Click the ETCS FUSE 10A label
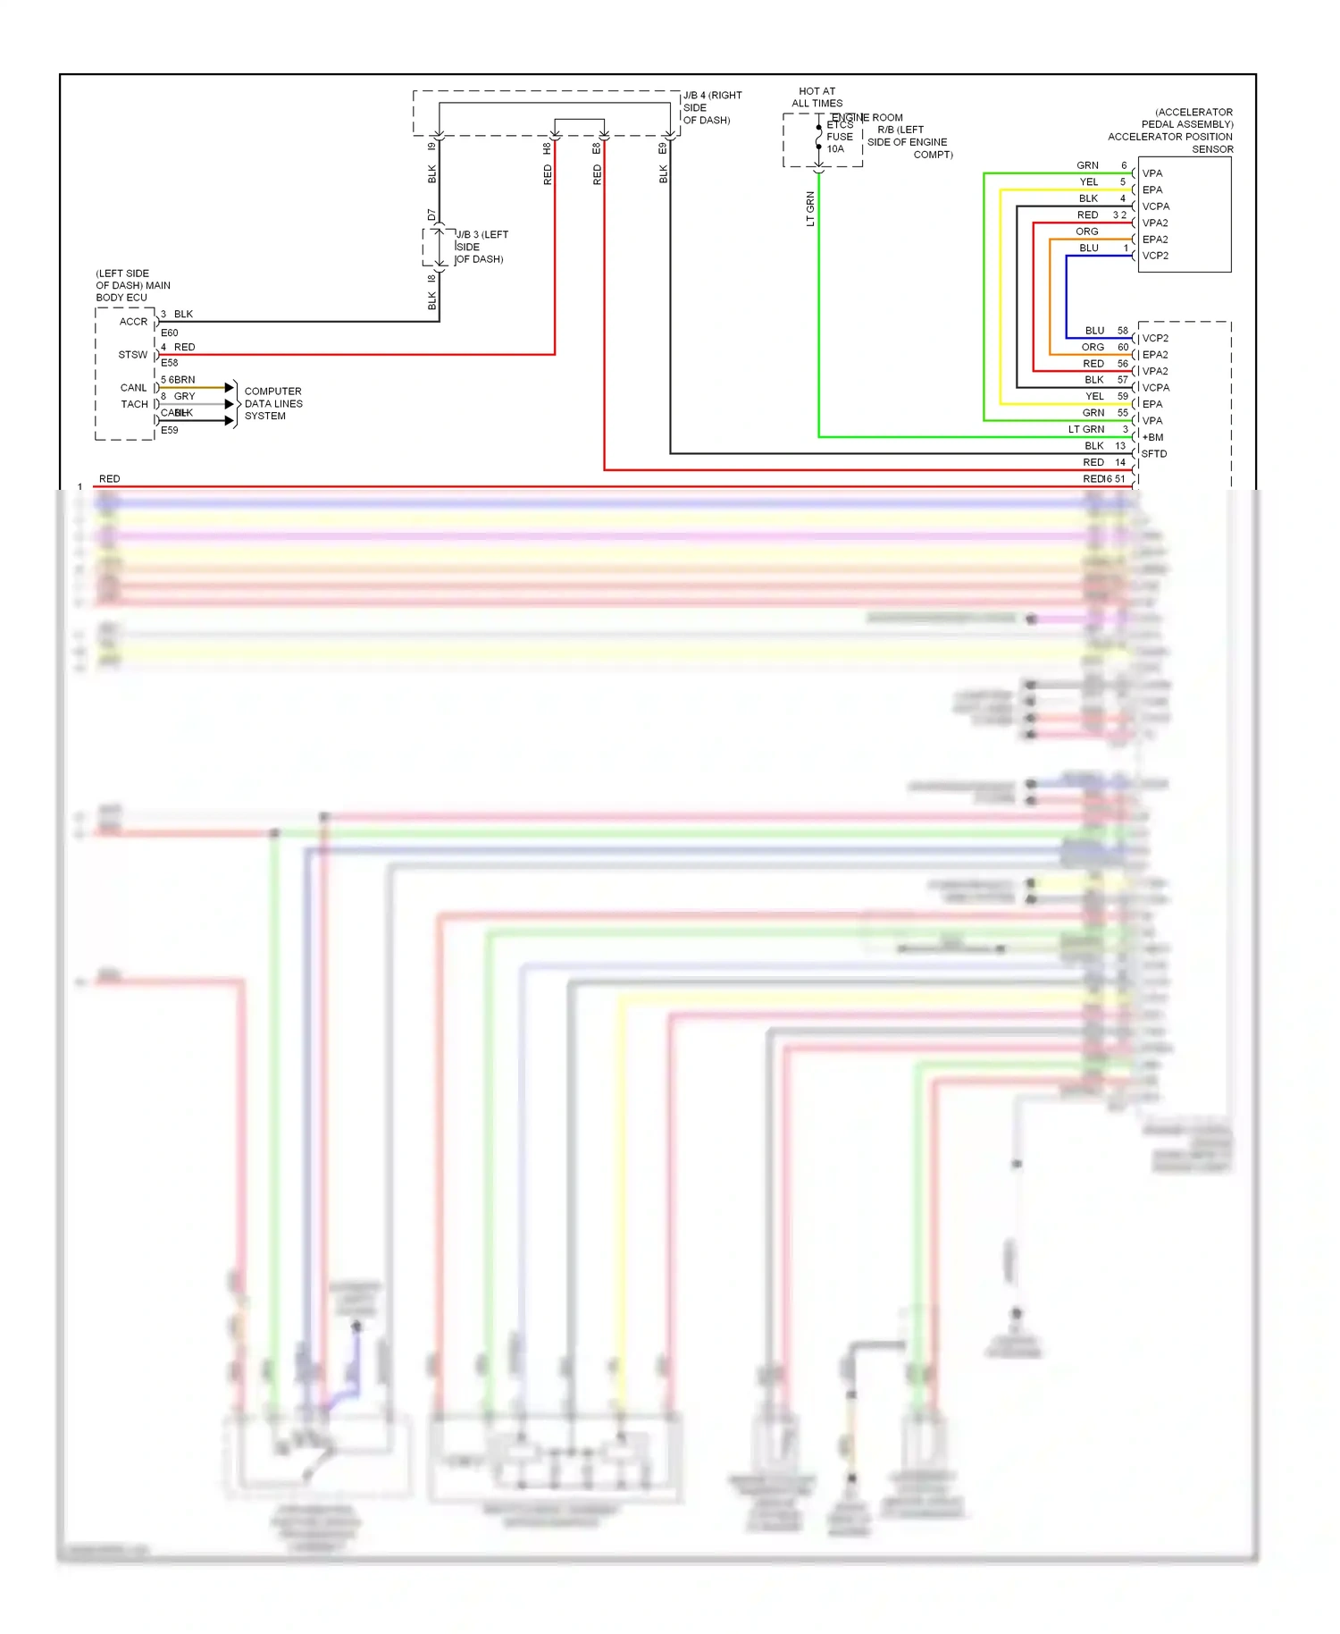(839, 137)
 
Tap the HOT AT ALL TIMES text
(817, 97)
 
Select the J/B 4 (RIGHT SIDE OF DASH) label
(712, 107)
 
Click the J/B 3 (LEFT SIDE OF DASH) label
(481, 247)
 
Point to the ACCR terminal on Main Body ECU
(133, 322)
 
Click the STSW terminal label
(132, 355)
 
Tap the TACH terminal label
(134, 404)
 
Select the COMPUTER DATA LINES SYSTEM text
(273, 403)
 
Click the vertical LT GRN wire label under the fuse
(810, 208)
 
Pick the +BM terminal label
(1152, 437)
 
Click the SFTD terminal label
(1153, 453)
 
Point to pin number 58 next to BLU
(1123, 331)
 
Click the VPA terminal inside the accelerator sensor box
(1152, 173)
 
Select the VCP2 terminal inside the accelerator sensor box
(1155, 256)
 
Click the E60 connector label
(169, 333)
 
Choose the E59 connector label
(169, 430)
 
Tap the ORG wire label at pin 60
(1093, 347)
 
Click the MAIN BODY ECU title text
(132, 285)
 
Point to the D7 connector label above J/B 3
(431, 215)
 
